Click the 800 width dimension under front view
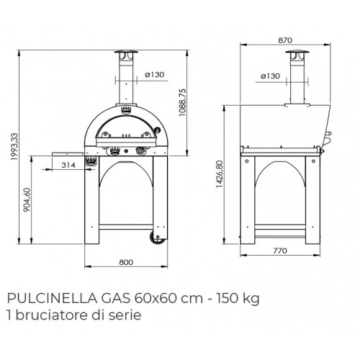[x=125, y=263]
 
